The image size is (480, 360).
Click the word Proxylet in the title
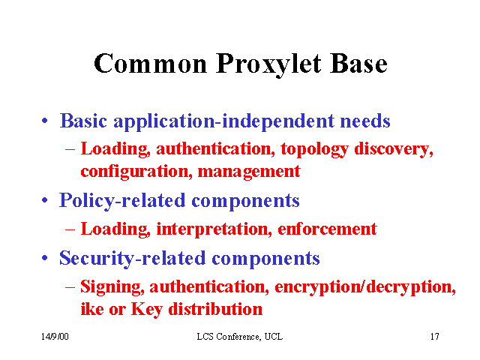pyautogui.click(x=268, y=65)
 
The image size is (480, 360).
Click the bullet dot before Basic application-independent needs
pyautogui.click(x=45, y=120)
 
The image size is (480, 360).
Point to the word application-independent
pyautogui.click(x=223, y=121)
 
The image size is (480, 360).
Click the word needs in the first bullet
pyautogui.click(x=365, y=121)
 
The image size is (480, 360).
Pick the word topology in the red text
pyautogui.click(x=314, y=150)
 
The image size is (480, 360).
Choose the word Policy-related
pyautogui.click(x=122, y=201)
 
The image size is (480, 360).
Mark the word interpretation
pyautogui.click(x=214, y=229)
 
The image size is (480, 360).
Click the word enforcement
pyautogui.click(x=327, y=229)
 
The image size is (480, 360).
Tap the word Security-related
pyautogui.click(x=132, y=259)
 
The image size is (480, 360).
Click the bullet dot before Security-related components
pyautogui.click(x=45, y=258)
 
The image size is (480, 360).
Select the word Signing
pyautogui.click(x=112, y=288)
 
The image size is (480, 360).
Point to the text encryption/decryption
pyautogui.click(x=365, y=287)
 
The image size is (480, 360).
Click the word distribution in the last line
pyautogui.click(x=215, y=308)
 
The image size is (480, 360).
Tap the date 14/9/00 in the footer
pyautogui.click(x=55, y=337)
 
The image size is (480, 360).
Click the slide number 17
pyautogui.click(x=435, y=337)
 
